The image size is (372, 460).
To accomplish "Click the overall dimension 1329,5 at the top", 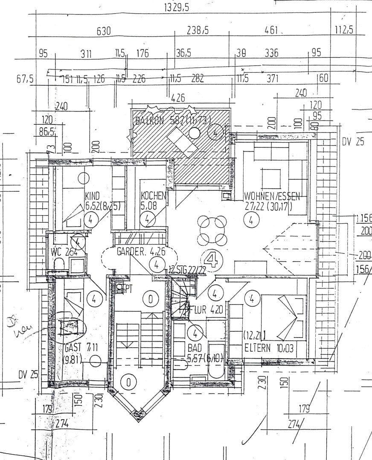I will tap(177, 7).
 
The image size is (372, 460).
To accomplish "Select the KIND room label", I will tap(93, 196).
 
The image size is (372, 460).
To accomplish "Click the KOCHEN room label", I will tap(153, 196).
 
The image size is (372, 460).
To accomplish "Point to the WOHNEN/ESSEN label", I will tap(272, 197).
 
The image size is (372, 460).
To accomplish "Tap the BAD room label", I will tap(195, 348).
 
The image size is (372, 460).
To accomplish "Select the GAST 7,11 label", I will tap(81, 348).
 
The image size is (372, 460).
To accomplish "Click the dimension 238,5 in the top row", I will tap(198, 31).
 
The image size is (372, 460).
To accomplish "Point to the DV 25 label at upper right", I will tap(353, 142).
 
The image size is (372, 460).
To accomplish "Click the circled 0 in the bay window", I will tap(128, 382).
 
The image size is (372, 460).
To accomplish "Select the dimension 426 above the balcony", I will tap(178, 98).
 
